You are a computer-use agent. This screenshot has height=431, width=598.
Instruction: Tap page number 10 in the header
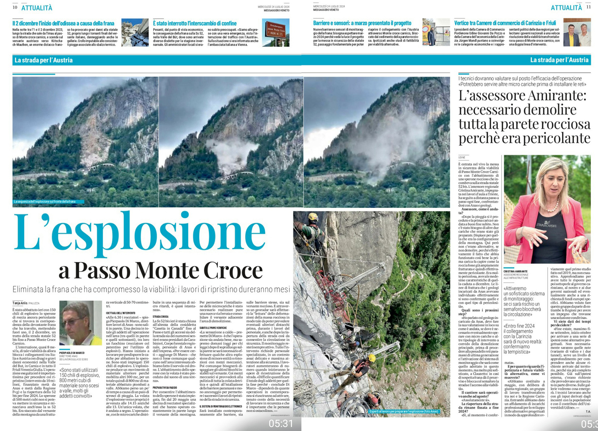click(15, 7)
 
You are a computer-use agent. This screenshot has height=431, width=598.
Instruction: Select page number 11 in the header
click(588, 7)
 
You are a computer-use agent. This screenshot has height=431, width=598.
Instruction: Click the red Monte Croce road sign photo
click(275, 33)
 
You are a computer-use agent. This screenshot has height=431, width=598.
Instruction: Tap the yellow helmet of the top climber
click(313, 217)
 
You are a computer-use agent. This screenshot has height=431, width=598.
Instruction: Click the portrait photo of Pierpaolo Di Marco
click(80, 323)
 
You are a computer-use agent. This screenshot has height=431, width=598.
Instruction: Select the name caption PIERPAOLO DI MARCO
click(72, 353)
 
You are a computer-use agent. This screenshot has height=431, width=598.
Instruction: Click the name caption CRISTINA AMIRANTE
click(515, 272)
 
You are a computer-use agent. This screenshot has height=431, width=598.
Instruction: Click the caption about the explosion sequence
click(45, 202)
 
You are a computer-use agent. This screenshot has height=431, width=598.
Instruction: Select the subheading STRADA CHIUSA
click(160, 317)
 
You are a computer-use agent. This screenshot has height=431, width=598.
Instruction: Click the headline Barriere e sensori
click(362, 23)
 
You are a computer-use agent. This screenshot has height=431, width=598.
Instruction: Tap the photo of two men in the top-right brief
click(577, 33)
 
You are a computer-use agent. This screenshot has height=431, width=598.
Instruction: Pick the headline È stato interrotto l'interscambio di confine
click(195, 23)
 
